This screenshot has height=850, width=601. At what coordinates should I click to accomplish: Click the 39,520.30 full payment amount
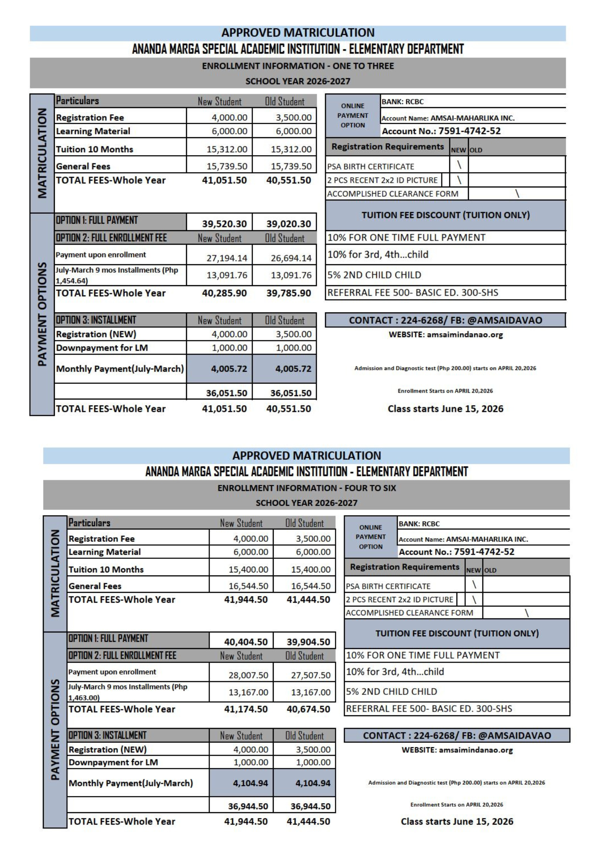pos(224,224)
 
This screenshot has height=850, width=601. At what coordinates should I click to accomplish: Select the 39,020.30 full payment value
pos(289,224)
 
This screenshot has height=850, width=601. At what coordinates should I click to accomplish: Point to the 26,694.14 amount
pos(291,258)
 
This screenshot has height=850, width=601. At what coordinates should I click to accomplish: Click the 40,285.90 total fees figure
pos(224,293)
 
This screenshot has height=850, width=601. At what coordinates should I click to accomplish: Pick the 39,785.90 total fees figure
pos(289,293)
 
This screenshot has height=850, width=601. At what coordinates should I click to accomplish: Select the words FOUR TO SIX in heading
pos(370,488)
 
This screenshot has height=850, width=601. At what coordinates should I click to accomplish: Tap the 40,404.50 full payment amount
pos(246,642)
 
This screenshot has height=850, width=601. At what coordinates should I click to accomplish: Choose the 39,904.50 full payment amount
pos(308,642)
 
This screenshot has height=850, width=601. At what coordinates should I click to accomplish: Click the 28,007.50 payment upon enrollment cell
pos(248,675)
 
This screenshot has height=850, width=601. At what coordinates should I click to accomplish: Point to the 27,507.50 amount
pos(311,675)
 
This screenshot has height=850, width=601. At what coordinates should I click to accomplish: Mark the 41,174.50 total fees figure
pos(246,709)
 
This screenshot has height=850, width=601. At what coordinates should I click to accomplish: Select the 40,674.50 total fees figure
pos(308,709)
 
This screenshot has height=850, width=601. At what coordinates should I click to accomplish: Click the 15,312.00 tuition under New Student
pos(227,149)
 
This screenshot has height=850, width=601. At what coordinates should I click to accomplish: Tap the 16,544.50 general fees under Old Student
pos(311,586)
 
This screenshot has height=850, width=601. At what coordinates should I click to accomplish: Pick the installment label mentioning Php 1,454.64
pos(117,275)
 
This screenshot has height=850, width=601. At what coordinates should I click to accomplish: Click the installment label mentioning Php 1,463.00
pos(128,692)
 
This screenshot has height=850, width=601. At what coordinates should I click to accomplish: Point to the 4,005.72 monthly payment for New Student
pos(229,369)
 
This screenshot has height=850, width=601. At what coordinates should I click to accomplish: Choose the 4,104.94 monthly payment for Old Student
pos(312,783)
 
